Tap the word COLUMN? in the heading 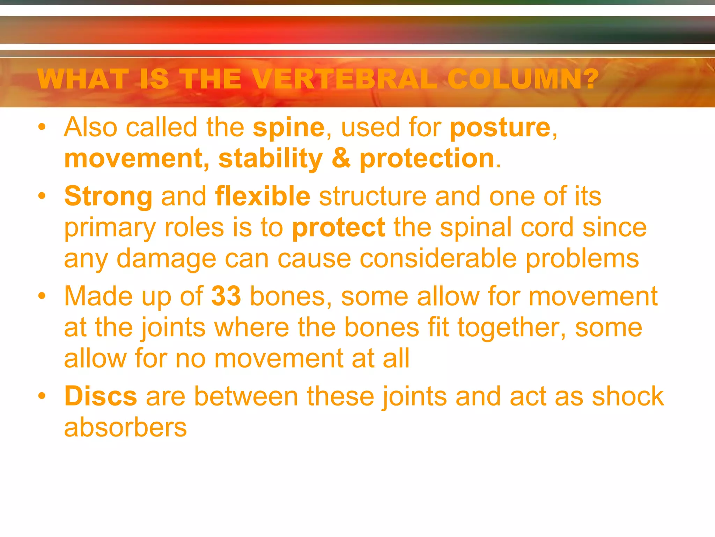coord(523,79)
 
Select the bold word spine coord(289,128)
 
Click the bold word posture coord(500,128)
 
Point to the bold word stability coord(271,159)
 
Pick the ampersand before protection coord(341,159)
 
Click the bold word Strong coord(108,196)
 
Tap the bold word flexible coord(263,196)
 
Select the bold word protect coord(339,228)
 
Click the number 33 coord(226,296)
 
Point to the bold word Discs coord(101,396)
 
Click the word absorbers coord(125,427)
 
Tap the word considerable coord(438,259)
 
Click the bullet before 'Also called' coord(42,127)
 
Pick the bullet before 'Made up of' coord(42,296)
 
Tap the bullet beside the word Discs coord(42,396)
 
